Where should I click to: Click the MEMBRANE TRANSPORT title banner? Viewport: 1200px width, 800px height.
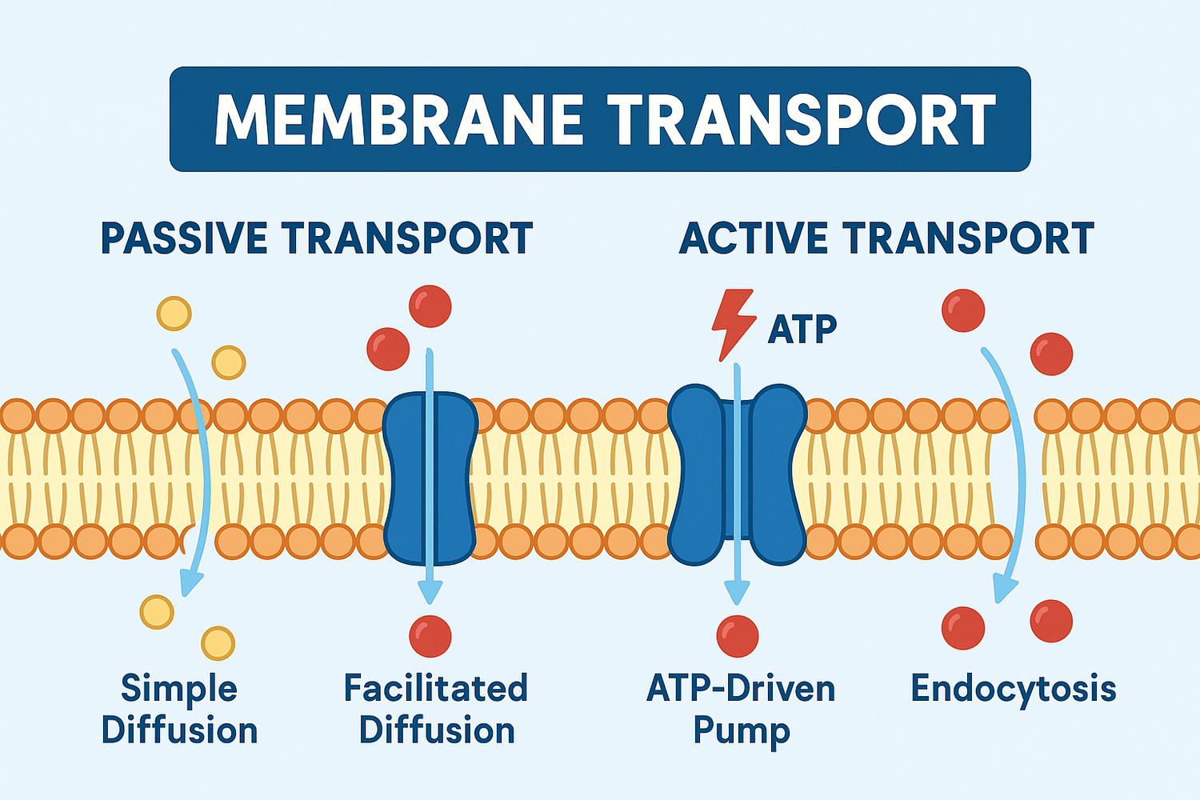click(x=600, y=119)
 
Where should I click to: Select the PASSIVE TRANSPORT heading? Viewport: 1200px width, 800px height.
click(x=317, y=238)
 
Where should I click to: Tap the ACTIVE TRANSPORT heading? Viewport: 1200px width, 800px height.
click(x=886, y=238)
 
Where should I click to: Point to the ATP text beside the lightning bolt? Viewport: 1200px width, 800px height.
click(x=802, y=329)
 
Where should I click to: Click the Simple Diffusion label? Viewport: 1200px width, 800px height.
click(x=179, y=710)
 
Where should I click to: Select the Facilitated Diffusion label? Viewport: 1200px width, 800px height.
click(x=436, y=710)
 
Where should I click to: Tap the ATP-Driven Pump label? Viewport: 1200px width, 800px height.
click(x=741, y=710)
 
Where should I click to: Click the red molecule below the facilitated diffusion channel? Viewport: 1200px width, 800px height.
click(x=430, y=636)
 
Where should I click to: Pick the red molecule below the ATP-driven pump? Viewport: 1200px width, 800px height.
click(x=737, y=636)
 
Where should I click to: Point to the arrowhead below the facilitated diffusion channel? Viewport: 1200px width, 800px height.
click(x=430, y=591)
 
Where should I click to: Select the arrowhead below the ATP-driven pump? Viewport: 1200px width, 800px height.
click(x=737, y=592)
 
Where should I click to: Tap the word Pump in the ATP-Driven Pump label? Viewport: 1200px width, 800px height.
click(x=741, y=731)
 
